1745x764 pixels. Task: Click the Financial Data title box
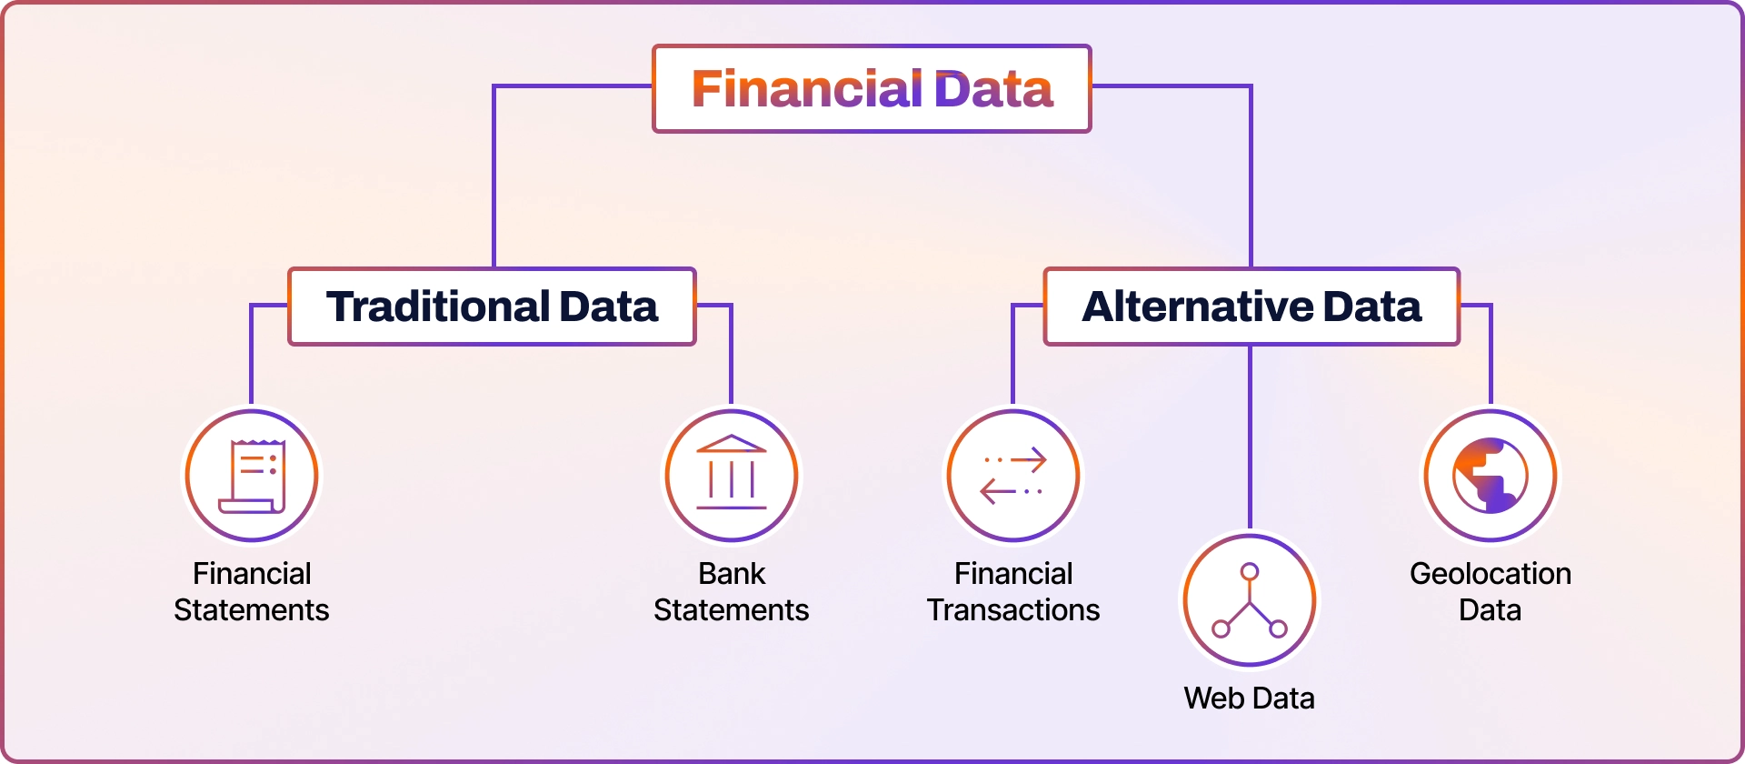pyautogui.click(x=872, y=89)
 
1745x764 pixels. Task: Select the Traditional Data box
pyautogui.click(x=492, y=307)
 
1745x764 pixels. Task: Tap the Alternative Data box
pyautogui.click(x=1251, y=307)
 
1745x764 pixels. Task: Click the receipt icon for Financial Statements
pyautogui.click(x=252, y=476)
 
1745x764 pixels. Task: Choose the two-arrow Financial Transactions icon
pyautogui.click(x=1013, y=476)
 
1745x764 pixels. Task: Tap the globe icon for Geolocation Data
pyautogui.click(x=1491, y=476)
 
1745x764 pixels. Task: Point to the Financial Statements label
pyautogui.click(x=252, y=592)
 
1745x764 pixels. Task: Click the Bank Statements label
pyautogui.click(x=732, y=592)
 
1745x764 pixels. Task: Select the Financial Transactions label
pyautogui.click(x=1013, y=592)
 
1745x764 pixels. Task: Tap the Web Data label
pyautogui.click(x=1250, y=699)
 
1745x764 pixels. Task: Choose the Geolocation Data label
pyautogui.click(x=1491, y=592)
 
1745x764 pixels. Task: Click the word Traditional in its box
pyautogui.click(x=438, y=307)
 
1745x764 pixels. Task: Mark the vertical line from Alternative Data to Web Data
pyautogui.click(x=1251, y=437)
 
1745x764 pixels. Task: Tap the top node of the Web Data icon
pyautogui.click(x=1250, y=571)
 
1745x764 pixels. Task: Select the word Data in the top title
pyautogui.click(x=993, y=89)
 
